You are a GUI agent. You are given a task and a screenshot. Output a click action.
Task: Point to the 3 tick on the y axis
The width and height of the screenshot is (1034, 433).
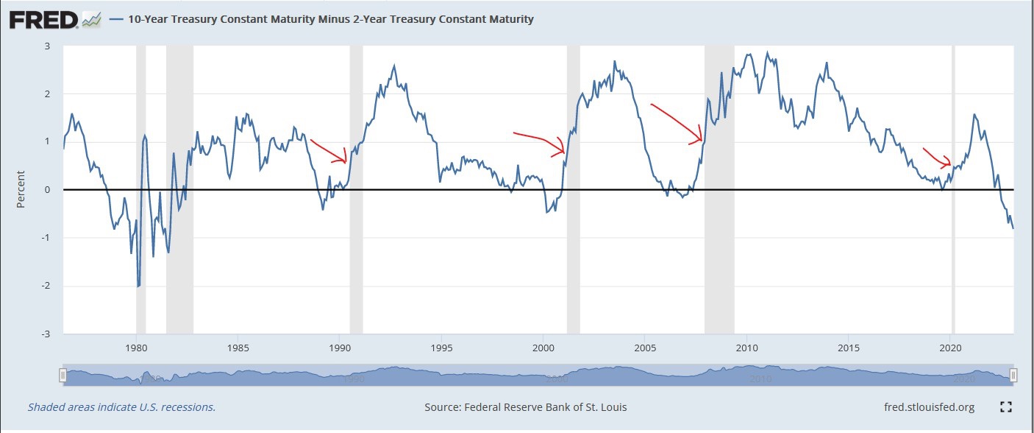click(47, 46)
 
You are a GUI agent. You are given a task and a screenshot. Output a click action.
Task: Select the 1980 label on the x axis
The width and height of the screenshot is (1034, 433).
click(136, 346)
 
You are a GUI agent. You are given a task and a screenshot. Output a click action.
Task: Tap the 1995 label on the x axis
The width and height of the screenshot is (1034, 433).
click(441, 346)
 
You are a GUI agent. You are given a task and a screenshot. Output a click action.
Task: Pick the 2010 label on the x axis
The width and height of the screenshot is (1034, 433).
click(747, 346)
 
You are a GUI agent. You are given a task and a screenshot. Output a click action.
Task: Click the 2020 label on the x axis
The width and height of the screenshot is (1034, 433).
click(951, 346)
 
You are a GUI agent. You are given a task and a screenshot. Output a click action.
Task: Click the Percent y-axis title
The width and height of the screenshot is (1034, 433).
click(21, 189)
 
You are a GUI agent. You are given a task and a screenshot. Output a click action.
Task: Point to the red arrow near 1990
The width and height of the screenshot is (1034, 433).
click(329, 151)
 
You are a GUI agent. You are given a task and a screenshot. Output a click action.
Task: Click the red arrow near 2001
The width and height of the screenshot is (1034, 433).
click(541, 141)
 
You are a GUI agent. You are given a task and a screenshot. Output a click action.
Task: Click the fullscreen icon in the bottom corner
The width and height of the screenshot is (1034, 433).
click(1007, 406)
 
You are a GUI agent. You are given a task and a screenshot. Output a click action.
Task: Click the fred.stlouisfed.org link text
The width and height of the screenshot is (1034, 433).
click(929, 406)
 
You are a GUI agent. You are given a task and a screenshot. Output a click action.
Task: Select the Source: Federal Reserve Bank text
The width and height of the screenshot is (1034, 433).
click(526, 406)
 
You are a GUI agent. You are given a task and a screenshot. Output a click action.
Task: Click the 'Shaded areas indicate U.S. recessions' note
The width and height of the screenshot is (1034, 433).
click(121, 406)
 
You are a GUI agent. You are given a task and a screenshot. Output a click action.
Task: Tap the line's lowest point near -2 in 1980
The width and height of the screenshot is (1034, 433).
click(138, 286)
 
